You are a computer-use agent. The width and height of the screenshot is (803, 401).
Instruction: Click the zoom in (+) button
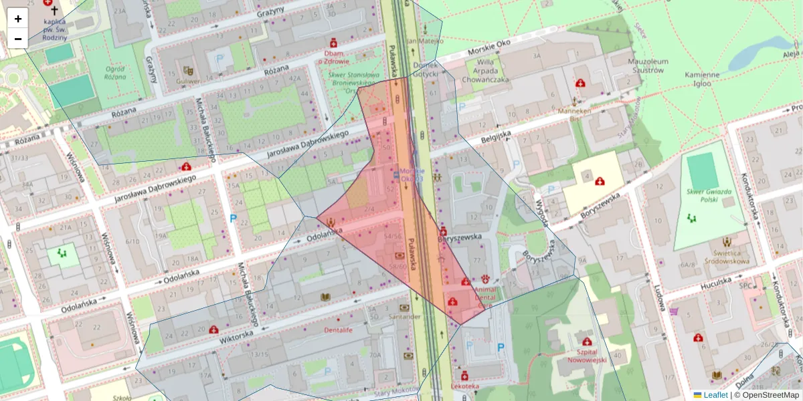[18, 19]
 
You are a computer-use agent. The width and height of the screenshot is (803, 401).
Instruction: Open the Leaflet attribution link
[715, 395]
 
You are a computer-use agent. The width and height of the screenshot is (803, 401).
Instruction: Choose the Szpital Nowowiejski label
[586, 356]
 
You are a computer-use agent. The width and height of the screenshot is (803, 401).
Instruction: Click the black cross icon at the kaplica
[54, 11]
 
